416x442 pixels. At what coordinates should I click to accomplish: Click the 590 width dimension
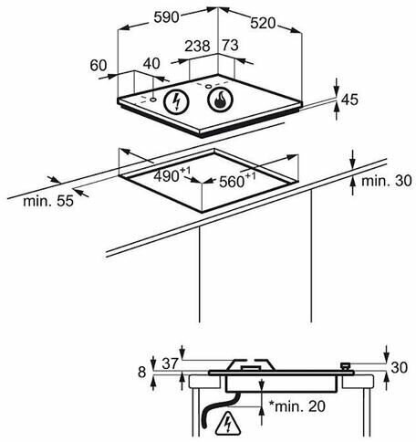pyautogui.click(x=166, y=17)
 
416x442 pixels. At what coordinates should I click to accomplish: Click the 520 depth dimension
pyautogui.click(x=263, y=23)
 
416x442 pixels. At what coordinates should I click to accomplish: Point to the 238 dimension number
pyautogui.click(x=197, y=46)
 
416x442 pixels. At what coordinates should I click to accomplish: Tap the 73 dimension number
pyautogui.click(x=230, y=45)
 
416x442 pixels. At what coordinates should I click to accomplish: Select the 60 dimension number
pyautogui.click(x=99, y=66)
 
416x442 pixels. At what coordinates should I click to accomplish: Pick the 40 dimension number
pyautogui.click(x=151, y=63)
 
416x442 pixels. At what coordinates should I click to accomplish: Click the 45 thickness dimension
pyautogui.click(x=349, y=100)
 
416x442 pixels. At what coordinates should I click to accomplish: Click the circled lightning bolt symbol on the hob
pyautogui.click(x=176, y=101)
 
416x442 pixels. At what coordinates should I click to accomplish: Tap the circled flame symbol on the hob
pyautogui.click(x=220, y=100)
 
